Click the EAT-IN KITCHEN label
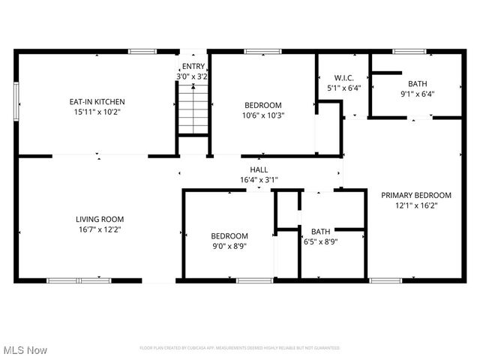point(97,101)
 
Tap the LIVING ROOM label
point(98,219)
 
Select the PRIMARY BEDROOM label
point(415,194)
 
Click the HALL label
point(259,170)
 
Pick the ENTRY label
point(192,67)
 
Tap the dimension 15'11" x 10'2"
point(97,111)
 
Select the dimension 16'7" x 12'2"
point(98,229)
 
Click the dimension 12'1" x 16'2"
point(415,204)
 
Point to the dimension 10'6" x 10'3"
point(262,115)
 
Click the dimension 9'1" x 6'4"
point(417,94)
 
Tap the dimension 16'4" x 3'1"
point(259,180)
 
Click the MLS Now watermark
point(25,350)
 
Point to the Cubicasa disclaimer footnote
point(240,348)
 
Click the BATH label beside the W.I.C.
point(417,83)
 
